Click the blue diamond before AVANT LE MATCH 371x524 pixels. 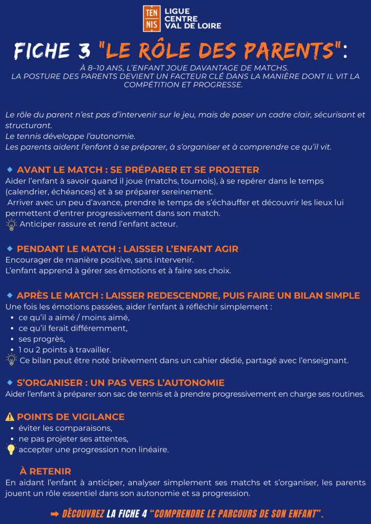tap(10, 169)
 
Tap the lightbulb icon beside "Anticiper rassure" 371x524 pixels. tap(11, 224)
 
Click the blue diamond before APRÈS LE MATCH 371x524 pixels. tap(10, 295)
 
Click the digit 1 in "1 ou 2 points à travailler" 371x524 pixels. tap(20, 350)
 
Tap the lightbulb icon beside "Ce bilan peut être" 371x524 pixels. tap(11, 360)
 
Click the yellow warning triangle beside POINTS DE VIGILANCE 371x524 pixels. tap(10, 417)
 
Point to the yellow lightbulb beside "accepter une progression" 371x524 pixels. tap(11, 449)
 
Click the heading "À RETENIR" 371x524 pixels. tap(45, 471)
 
